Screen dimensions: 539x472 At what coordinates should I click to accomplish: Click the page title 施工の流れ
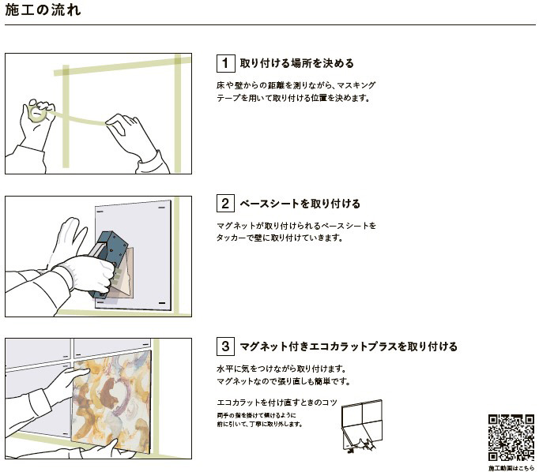coord(43,10)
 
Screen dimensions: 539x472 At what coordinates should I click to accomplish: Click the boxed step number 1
coord(225,63)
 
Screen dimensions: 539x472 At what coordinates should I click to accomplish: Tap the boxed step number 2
coord(225,204)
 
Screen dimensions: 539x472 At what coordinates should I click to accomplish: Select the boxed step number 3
coord(225,346)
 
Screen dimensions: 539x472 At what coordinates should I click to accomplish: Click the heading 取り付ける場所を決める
coord(296,63)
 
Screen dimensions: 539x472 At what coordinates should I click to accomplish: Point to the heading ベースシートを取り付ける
coord(300,204)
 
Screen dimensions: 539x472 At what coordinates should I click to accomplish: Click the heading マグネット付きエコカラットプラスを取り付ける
coord(349,347)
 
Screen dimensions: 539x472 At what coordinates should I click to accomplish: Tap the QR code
coord(511,438)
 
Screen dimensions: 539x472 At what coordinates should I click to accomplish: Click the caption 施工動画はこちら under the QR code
coord(511,468)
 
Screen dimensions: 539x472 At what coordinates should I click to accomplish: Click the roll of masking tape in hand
coord(37,114)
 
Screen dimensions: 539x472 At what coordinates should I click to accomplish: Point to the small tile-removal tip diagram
coord(362,425)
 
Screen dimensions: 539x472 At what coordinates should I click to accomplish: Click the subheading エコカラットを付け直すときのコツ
coord(277,403)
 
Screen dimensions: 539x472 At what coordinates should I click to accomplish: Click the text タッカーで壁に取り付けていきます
coord(280,238)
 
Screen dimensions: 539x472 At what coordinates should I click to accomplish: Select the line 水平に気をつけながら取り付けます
coord(281,369)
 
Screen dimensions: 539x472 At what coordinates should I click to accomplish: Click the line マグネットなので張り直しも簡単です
coord(284,381)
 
